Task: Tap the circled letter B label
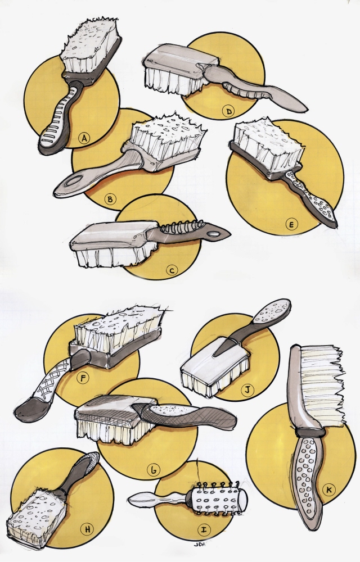click(111, 198)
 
